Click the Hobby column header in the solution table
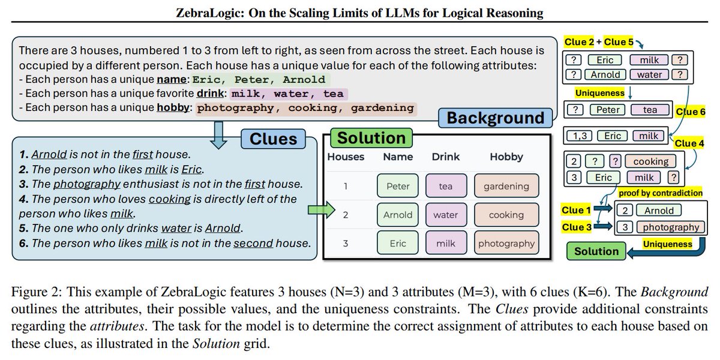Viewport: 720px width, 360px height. pyautogui.click(x=506, y=157)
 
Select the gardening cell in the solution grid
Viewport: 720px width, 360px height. pyautogui.click(x=505, y=186)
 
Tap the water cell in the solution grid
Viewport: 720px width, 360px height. pyautogui.click(x=446, y=215)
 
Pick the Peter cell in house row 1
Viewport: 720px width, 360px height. pyautogui.click(x=398, y=186)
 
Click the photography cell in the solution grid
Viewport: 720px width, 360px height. pyautogui.click(x=505, y=244)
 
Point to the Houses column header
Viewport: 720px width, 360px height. pyautogui.click(x=346, y=157)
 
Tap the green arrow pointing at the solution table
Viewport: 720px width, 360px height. pyautogui.click(x=321, y=209)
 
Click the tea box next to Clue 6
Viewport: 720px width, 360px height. pyautogui.click(x=649, y=110)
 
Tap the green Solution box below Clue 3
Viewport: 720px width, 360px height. pyautogui.click(x=596, y=251)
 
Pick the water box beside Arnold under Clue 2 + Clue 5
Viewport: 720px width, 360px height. pyautogui.click(x=649, y=74)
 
